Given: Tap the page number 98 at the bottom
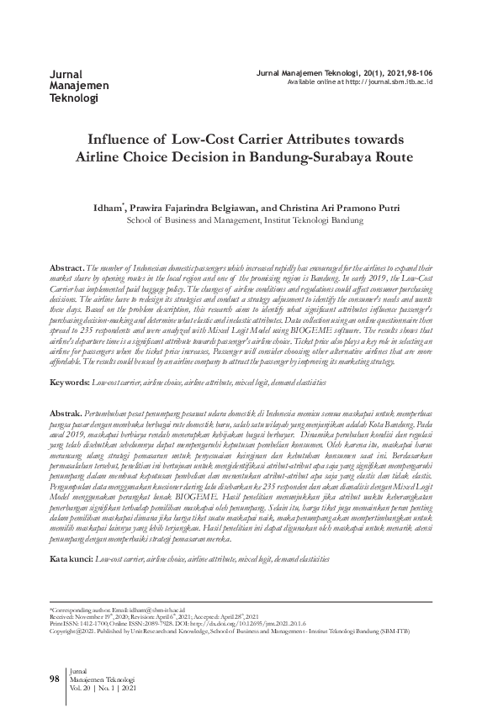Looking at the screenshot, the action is (x=55, y=678).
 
